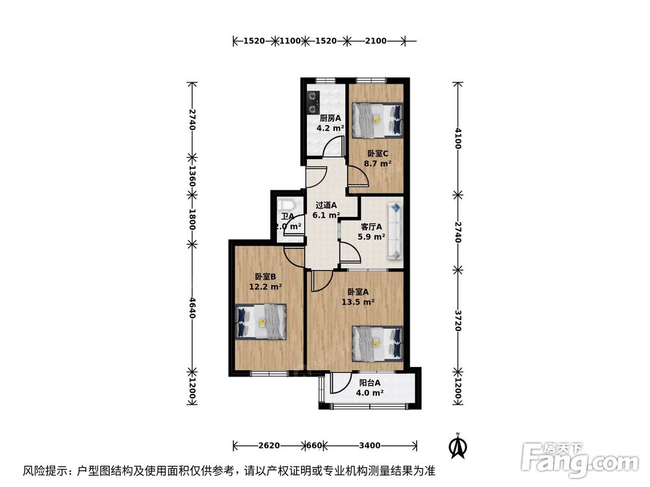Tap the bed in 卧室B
[x=260, y=321]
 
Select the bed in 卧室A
[x=377, y=342]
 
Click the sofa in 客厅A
[x=395, y=232]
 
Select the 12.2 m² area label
[x=265, y=286]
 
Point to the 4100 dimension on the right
[x=458, y=138]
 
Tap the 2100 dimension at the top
[x=375, y=41]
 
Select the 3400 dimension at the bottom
[x=369, y=445]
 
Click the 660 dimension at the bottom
[x=315, y=445]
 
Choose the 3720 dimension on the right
[x=458, y=319]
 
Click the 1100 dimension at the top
[x=290, y=41]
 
